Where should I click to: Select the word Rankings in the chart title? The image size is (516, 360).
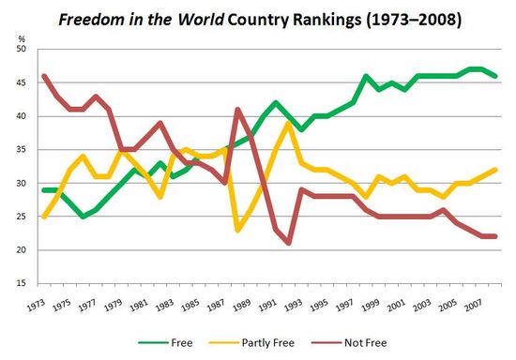click(x=311, y=20)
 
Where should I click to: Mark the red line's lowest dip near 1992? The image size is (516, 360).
click(x=287, y=243)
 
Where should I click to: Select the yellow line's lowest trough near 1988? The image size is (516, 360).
click(x=238, y=230)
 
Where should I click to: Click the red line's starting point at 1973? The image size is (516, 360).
click(x=44, y=76)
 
